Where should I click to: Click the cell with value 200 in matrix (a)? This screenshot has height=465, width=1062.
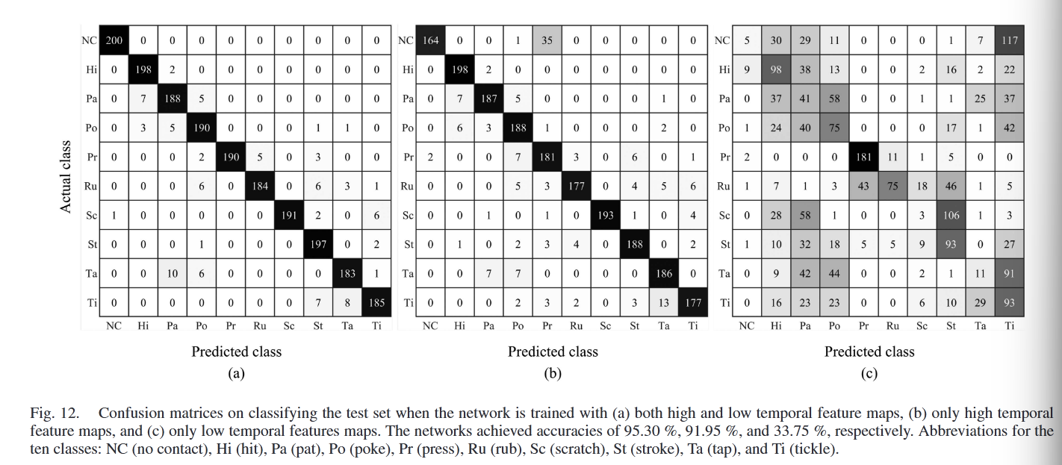114,40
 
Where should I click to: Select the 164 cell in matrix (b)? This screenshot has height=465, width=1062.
431,40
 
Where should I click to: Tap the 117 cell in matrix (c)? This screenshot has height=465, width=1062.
1010,40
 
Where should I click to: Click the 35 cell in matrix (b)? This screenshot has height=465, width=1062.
547,40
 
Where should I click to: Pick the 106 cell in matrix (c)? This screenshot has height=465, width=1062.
951,215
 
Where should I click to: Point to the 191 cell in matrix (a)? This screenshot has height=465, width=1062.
288,215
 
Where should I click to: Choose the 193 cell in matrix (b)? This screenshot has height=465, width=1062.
606,215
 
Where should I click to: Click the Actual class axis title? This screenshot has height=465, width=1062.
66,176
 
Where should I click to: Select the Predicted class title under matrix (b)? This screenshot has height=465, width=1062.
553,352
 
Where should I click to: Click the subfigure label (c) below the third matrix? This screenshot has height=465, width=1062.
869,374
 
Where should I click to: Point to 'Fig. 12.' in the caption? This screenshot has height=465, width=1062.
54,413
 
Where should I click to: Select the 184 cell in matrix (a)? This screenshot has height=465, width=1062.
259,186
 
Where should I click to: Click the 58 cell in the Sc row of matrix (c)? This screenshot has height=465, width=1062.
805,215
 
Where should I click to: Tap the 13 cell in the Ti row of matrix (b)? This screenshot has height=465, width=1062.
664,302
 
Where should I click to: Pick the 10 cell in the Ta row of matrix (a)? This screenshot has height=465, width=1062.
172,273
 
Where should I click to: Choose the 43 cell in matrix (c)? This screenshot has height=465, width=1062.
863,186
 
